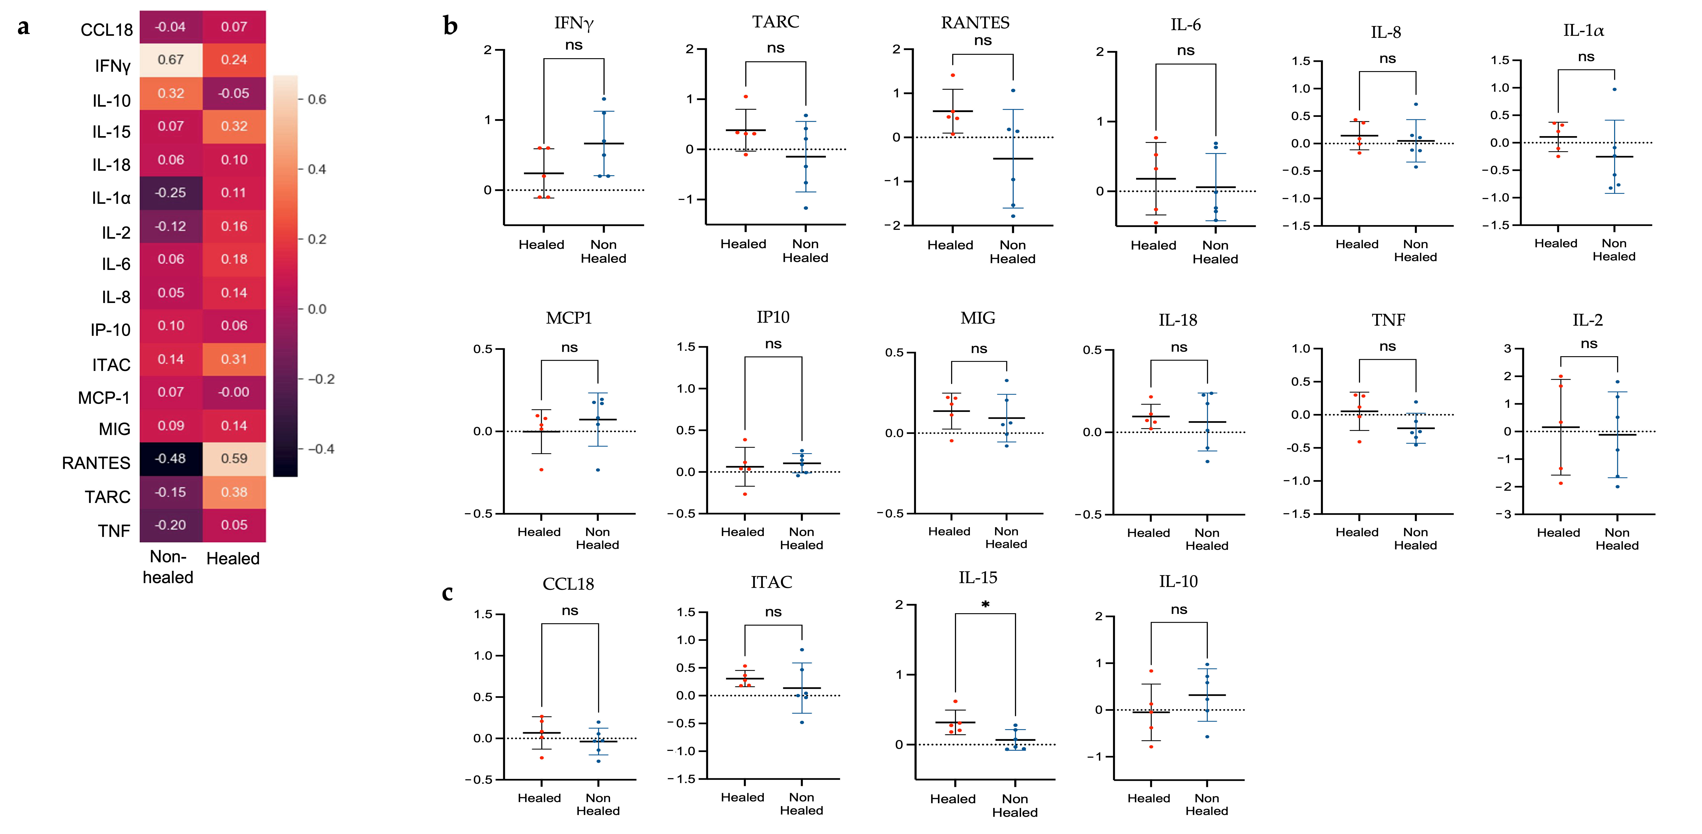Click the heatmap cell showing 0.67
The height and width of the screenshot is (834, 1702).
coord(171,60)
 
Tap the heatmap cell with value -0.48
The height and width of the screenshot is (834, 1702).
coord(171,459)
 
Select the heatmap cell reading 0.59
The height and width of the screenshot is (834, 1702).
coord(234,459)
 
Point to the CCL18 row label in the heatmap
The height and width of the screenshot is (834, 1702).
coord(106,30)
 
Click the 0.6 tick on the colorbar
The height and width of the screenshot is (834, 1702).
coord(317,99)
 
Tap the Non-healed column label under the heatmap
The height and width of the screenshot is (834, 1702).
coord(168,566)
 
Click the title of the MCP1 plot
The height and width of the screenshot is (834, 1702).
coord(569,318)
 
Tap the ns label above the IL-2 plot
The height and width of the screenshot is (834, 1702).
coord(1589,344)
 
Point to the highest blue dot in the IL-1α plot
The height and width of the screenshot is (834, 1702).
coord(1614,89)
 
